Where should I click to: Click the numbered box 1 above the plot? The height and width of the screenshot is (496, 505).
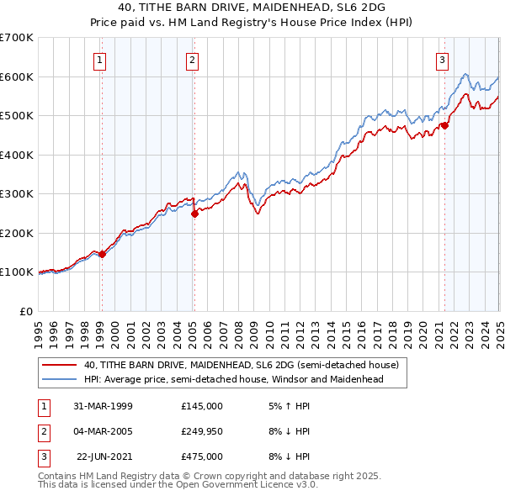(x=100, y=60)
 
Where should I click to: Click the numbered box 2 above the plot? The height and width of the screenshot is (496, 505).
(x=192, y=60)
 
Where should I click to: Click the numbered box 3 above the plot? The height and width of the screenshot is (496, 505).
(x=442, y=60)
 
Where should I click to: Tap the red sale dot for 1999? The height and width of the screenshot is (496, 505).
(x=102, y=254)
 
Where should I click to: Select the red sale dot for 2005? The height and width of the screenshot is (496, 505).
(x=194, y=214)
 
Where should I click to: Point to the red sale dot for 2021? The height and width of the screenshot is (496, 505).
(x=444, y=126)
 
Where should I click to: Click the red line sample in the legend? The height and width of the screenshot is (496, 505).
(x=59, y=366)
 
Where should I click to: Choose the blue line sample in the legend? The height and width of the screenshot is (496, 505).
(x=59, y=379)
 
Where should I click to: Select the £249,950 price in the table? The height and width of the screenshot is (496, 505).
(x=201, y=431)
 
